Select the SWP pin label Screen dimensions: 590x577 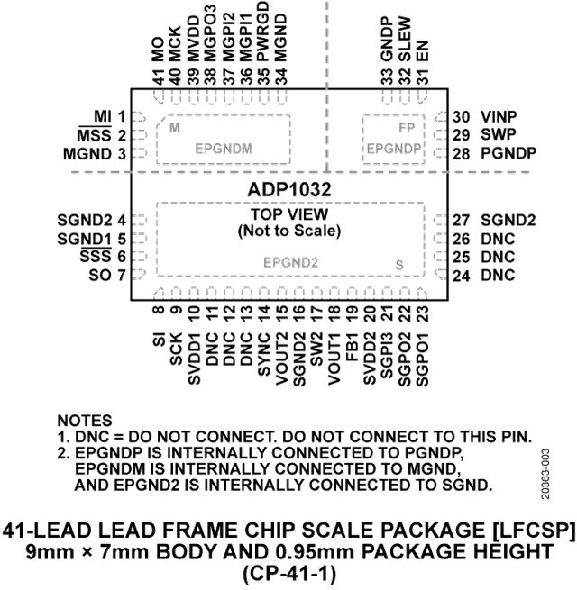[x=498, y=135]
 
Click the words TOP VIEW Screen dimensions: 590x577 [x=288, y=215]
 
